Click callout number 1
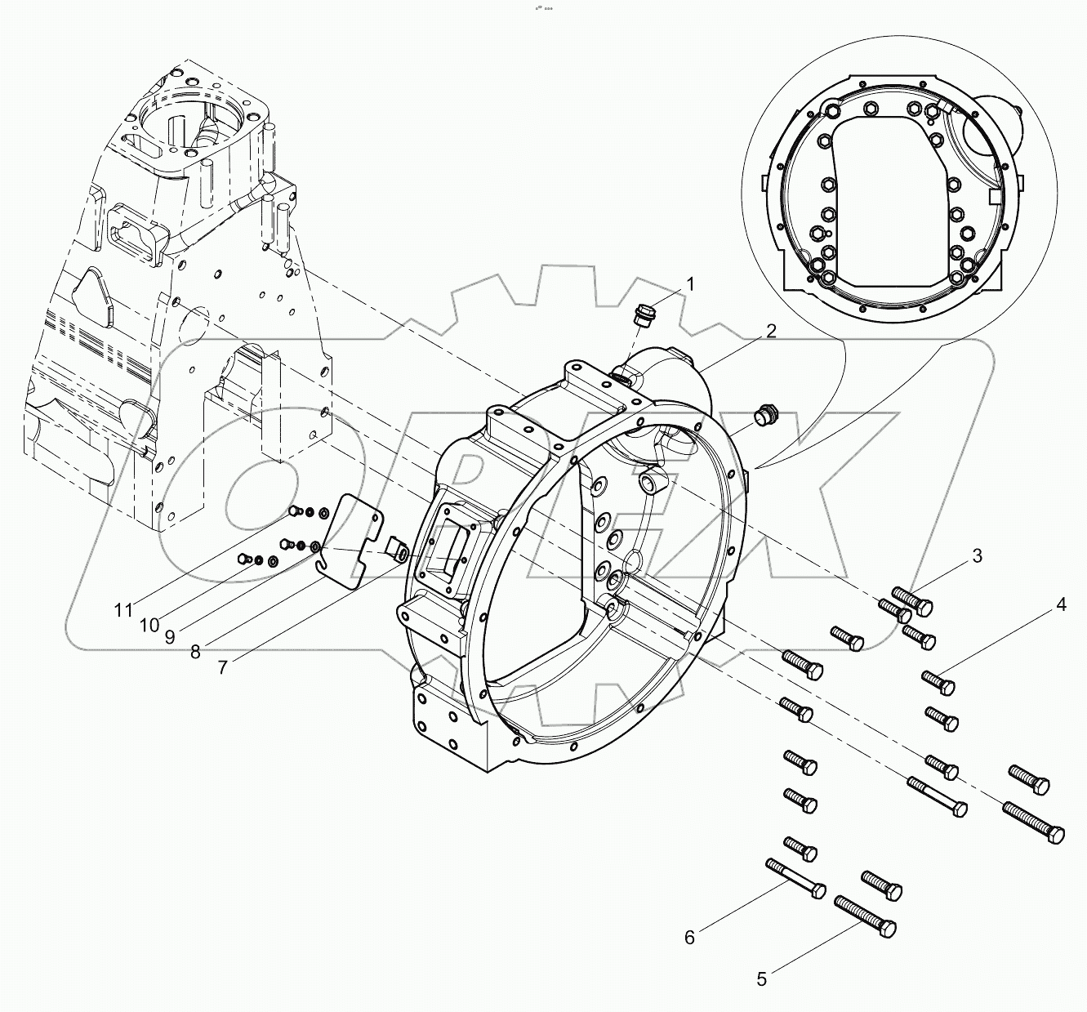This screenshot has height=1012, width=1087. (x=690, y=285)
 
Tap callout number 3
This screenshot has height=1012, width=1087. (x=977, y=556)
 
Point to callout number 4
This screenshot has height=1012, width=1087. (x=1061, y=605)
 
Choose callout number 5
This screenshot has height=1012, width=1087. (x=762, y=979)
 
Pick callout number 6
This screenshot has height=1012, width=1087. (x=689, y=938)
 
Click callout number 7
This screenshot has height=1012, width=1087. (x=223, y=666)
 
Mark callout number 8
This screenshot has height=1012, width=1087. (x=196, y=651)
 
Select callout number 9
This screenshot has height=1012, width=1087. (x=170, y=636)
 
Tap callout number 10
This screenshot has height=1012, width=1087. (x=149, y=625)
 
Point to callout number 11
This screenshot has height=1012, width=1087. (x=123, y=610)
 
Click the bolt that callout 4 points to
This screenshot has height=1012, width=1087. (x=939, y=681)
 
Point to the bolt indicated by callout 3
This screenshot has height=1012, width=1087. (x=914, y=601)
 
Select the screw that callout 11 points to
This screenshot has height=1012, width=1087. (x=296, y=511)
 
